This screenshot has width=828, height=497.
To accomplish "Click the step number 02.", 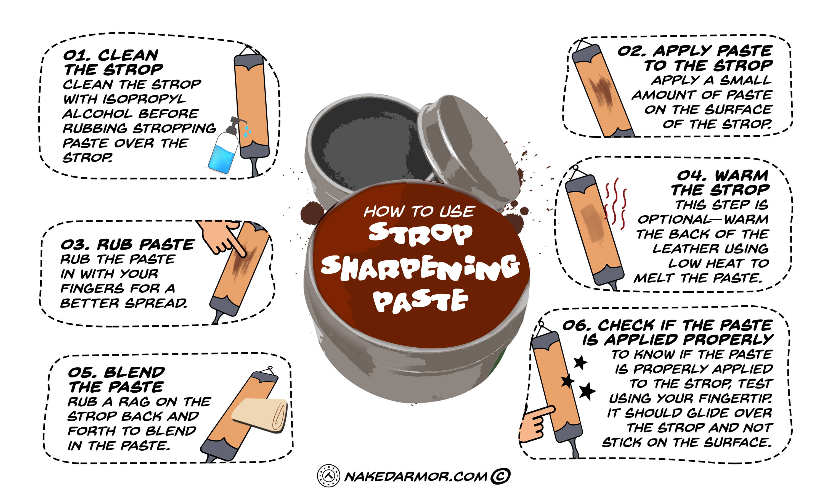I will [x=631, y=51].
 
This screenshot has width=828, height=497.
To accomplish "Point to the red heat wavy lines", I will [x=615, y=204].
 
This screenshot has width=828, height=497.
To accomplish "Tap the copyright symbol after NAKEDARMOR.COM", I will [x=500, y=476].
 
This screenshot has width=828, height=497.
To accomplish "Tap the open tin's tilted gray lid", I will [x=469, y=151].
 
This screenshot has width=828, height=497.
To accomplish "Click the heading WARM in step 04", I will [x=741, y=176].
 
